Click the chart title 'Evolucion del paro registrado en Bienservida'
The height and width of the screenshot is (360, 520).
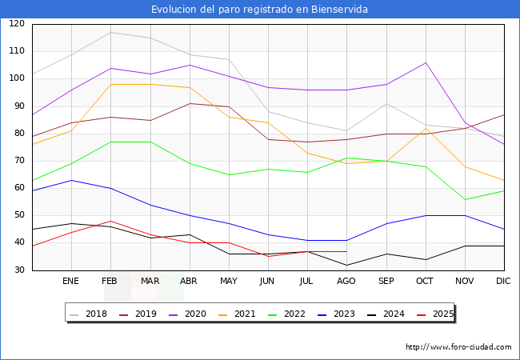click(260, 10)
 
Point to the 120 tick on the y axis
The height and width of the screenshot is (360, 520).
click(17, 24)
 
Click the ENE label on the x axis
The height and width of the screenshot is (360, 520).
click(71, 282)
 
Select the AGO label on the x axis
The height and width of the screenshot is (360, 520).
click(346, 282)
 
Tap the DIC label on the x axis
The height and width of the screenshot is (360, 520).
click(503, 282)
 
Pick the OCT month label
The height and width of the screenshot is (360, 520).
click(425, 282)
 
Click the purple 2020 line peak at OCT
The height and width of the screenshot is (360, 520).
click(425, 62)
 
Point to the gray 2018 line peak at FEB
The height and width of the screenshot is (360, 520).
click(110, 32)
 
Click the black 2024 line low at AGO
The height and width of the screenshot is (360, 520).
click(346, 265)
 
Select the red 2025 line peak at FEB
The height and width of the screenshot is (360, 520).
click(110, 221)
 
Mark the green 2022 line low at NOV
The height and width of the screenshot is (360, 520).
click(464, 199)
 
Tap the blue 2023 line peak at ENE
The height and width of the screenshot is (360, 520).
click(71, 180)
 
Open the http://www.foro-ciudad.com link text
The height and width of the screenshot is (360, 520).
click(458, 347)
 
